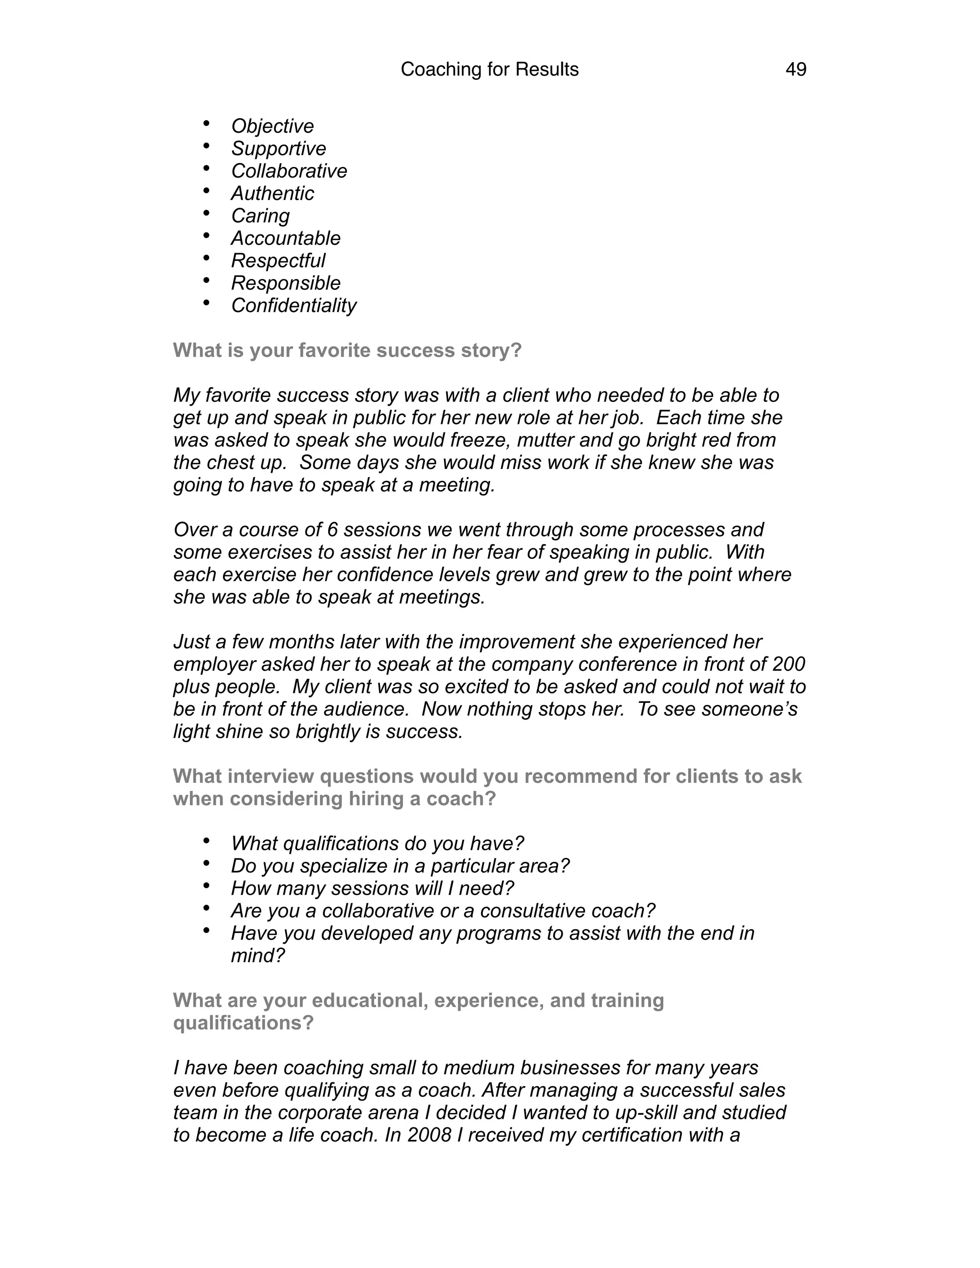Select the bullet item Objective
tap(272, 126)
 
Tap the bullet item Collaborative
tap(289, 171)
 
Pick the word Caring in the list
tap(260, 215)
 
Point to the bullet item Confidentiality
tap(294, 305)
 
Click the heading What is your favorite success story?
tap(347, 350)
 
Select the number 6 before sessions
tap(332, 530)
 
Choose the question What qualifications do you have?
tap(378, 843)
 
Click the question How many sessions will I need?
tap(372, 888)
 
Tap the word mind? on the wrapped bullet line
tap(258, 955)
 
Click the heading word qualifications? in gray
tap(243, 1023)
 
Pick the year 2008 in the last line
tap(429, 1135)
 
